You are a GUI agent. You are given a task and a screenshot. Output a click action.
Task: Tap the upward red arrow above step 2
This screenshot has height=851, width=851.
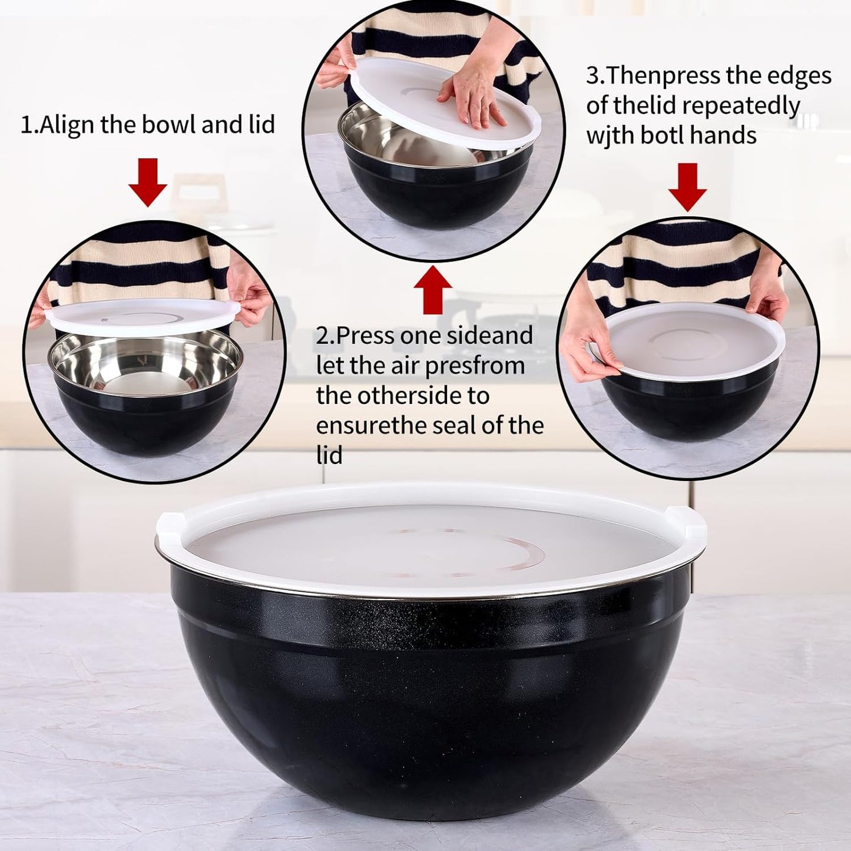click(433, 289)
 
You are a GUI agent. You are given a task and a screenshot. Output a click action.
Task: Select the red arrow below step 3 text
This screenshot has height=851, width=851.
click(687, 187)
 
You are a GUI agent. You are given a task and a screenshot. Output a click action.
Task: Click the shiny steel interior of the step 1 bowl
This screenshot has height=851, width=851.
click(145, 365)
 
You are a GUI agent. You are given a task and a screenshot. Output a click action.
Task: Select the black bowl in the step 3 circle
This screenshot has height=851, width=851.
click(689, 406)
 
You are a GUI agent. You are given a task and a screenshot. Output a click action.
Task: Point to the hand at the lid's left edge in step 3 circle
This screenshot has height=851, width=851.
click(589, 353)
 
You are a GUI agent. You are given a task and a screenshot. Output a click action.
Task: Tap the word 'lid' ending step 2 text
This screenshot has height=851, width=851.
click(329, 455)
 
